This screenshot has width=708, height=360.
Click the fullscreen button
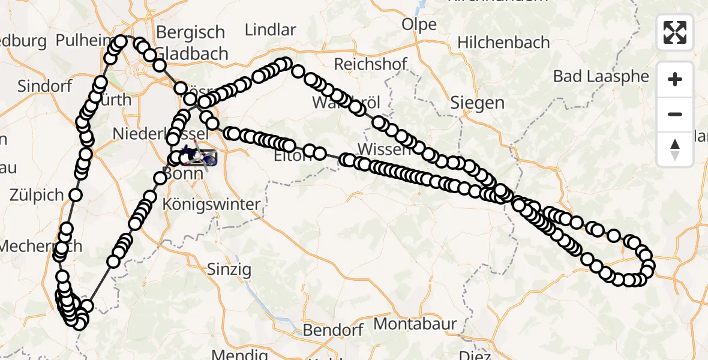click(x=675, y=32)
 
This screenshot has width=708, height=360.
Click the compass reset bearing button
click(x=675, y=149)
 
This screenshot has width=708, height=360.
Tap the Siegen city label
click(x=478, y=103)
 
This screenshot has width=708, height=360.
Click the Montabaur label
click(x=415, y=325)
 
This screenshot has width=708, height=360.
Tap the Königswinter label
click(x=212, y=204)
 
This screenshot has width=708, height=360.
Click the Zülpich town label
click(x=37, y=195)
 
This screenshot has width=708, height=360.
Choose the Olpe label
click(x=419, y=25)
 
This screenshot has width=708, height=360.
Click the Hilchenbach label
click(x=503, y=43)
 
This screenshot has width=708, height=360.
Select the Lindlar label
click(x=271, y=30)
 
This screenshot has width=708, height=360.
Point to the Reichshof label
click(x=371, y=64)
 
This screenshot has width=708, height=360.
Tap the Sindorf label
click(x=44, y=86)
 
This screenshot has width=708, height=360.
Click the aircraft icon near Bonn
click(x=197, y=157)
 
